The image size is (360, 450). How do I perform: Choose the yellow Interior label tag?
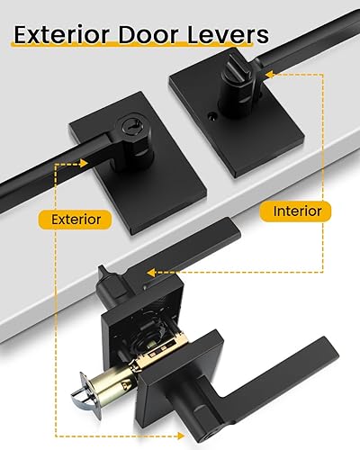click(295, 211)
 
